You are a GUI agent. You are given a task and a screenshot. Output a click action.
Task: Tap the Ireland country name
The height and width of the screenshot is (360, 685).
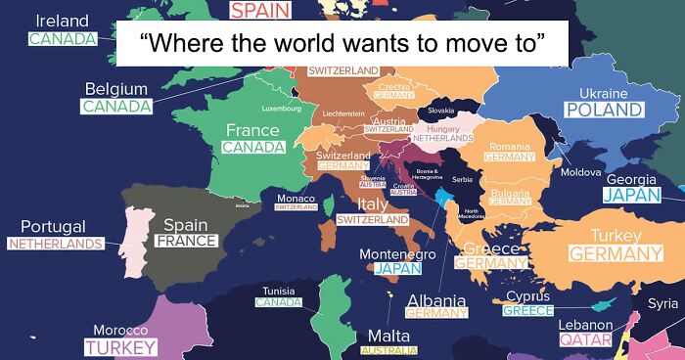click(x=61, y=21)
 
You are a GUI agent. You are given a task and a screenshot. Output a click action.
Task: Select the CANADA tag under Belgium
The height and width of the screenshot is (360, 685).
click(x=114, y=107)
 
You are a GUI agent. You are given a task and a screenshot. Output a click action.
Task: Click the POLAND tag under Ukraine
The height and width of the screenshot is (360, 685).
click(x=603, y=111)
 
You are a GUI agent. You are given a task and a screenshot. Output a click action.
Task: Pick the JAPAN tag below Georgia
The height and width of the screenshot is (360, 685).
click(x=632, y=196)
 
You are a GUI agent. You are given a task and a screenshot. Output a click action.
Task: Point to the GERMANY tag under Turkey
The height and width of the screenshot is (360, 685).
click(x=616, y=253)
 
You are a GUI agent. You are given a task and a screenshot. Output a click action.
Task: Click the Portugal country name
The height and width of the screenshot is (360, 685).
click(x=53, y=226)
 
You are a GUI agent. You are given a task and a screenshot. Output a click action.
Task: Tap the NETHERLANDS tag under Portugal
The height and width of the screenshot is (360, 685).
click(x=56, y=243)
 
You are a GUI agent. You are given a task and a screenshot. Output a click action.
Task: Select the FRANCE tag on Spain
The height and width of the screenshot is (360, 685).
click(x=186, y=241)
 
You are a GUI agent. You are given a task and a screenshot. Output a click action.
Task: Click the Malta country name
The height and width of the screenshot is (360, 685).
click(x=388, y=336)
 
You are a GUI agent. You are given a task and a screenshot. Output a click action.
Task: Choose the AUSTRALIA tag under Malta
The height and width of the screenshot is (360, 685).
click(x=388, y=350)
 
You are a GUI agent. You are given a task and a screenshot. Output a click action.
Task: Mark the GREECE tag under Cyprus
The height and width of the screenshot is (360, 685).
click(x=528, y=311)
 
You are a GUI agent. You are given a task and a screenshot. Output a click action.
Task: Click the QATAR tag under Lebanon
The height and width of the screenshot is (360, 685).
click(x=585, y=340)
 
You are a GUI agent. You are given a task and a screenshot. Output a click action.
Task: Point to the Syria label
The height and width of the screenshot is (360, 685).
click(x=662, y=303)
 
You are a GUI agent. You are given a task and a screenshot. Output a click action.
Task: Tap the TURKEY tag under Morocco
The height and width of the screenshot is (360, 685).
click(x=120, y=347)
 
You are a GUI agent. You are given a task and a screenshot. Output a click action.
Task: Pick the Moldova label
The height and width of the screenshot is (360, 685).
click(x=580, y=172)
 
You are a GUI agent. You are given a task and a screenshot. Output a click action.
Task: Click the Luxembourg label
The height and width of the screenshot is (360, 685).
click(x=282, y=109)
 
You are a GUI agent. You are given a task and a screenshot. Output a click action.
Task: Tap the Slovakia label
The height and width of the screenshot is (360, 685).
click(x=441, y=111)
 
